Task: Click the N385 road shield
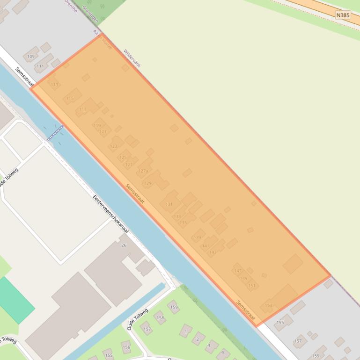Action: click(343, 15)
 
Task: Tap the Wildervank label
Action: click(132, 58)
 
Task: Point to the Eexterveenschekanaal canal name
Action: click(110, 217)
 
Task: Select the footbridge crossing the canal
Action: click(55, 133)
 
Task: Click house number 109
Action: click(31, 57)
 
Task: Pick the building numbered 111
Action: click(40, 66)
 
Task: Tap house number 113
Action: click(55, 85)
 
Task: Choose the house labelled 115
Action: click(70, 98)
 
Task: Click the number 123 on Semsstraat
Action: click(113, 146)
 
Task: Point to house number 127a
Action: click(143, 171)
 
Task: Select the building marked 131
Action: click(169, 204)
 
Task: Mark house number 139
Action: click(197, 238)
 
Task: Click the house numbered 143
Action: click(213, 252)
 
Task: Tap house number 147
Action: click(238, 271)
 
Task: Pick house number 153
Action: click(268, 305)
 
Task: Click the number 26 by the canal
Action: click(124, 245)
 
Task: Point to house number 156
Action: click(126, 347)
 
